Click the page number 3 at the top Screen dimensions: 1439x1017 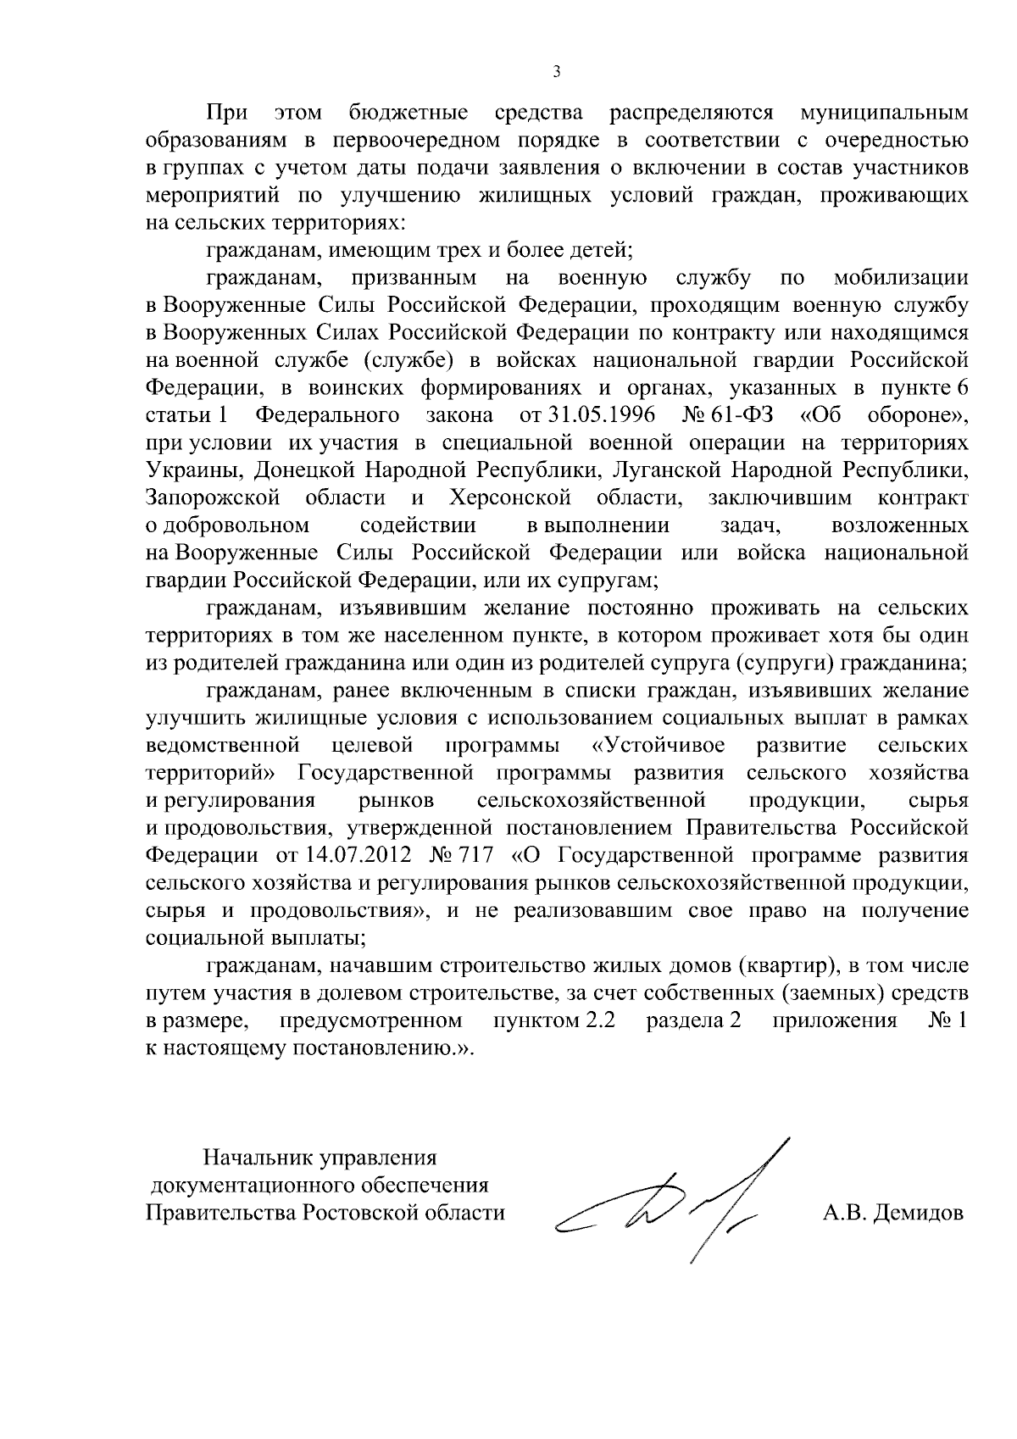556,72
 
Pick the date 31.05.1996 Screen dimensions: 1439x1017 591,415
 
